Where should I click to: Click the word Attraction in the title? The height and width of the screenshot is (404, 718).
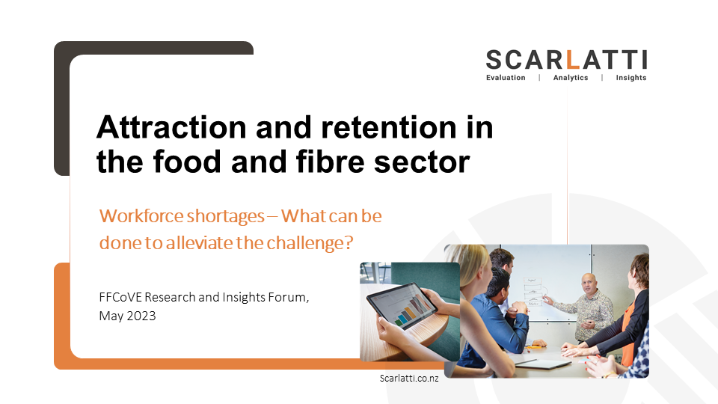pyautogui.click(x=171, y=127)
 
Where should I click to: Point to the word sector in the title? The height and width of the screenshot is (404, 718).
pyautogui.click(x=422, y=162)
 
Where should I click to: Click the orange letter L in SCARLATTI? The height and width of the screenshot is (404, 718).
pyautogui.click(x=573, y=60)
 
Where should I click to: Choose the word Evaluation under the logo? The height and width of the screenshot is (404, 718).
pyautogui.click(x=506, y=78)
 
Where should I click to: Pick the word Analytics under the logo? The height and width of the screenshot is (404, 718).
pyautogui.click(x=571, y=78)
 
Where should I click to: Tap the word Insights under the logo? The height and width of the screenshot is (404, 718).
pyautogui.click(x=631, y=78)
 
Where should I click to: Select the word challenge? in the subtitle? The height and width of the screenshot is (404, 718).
pyautogui.click(x=310, y=243)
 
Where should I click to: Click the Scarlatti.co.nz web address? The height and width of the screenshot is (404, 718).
pyautogui.click(x=409, y=379)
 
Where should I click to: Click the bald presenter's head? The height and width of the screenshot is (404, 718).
pyautogui.click(x=589, y=283)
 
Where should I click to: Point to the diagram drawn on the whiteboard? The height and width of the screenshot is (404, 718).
pyautogui.click(x=533, y=291)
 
